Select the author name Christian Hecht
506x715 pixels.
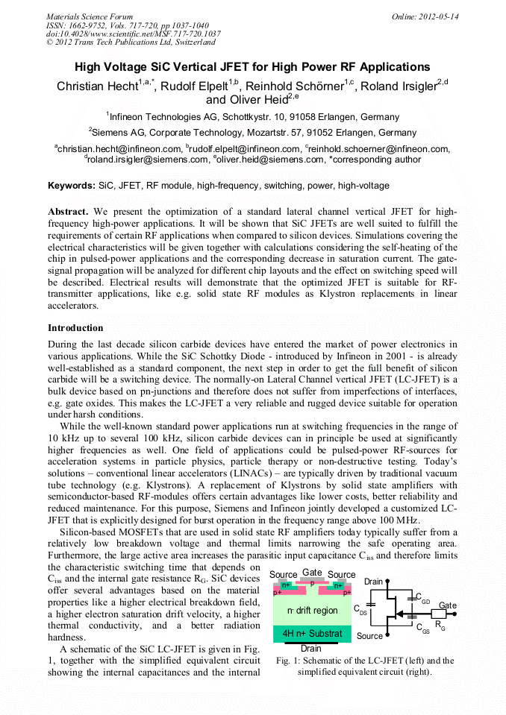(x=96, y=86)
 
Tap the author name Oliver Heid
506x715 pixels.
(x=258, y=99)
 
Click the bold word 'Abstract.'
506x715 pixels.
(x=69, y=212)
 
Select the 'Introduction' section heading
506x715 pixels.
(x=75, y=328)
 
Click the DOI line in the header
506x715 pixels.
(x=134, y=34)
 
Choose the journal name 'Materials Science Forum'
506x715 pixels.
(x=90, y=16)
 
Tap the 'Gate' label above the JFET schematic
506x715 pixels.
(x=312, y=573)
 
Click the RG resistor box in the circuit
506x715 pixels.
(x=439, y=614)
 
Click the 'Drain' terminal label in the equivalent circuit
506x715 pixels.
(x=373, y=582)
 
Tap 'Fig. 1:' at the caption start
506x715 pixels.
(x=288, y=661)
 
